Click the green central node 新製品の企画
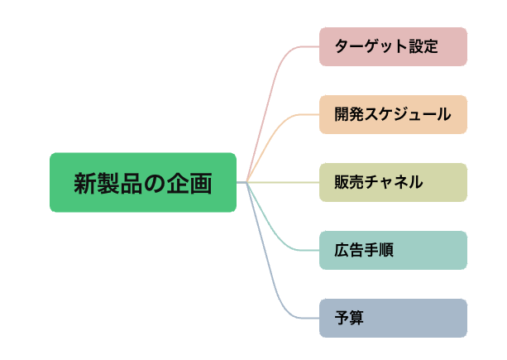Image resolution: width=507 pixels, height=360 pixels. tap(143, 182)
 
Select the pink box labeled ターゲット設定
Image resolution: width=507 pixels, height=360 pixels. tap(393, 46)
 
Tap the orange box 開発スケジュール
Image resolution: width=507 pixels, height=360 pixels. tap(393, 114)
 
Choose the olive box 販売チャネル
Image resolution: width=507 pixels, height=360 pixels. tap(393, 182)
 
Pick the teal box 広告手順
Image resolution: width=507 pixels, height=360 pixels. tap(393, 250)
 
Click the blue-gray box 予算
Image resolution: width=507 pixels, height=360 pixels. tap(393, 318)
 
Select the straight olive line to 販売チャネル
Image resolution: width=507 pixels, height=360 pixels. tap(285, 182)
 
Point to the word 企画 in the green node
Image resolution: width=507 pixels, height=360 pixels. tap(194, 183)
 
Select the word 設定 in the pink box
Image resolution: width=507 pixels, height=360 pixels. tap(423, 46)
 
